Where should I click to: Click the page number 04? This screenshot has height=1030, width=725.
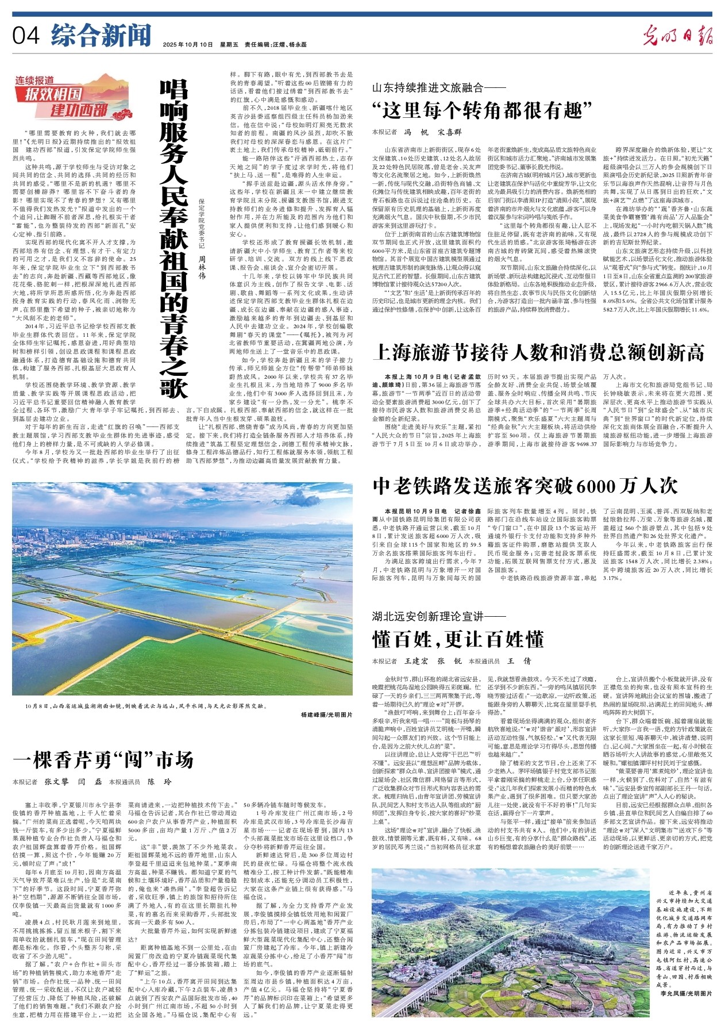click(x=26, y=35)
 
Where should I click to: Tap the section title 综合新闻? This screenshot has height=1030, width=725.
click(x=101, y=35)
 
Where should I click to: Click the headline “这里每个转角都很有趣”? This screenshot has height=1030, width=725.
click(x=481, y=109)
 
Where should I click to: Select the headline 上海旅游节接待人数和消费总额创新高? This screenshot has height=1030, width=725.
click(x=538, y=352)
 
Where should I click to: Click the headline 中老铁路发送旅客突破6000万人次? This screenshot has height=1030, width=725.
click(x=525, y=486)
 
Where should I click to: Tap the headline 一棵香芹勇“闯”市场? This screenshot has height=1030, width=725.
click(x=103, y=760)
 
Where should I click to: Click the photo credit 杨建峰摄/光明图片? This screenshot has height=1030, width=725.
click(x=326, y=714)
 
